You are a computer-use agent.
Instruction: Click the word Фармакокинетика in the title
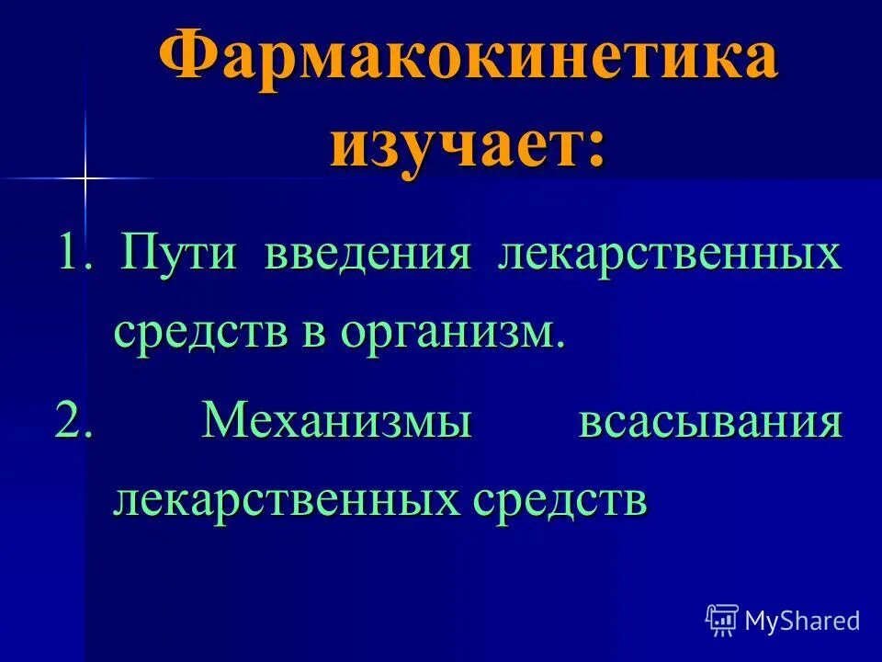coord(469,62)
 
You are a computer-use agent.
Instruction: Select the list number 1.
coord(72,253)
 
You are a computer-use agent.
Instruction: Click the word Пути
coord(180,254)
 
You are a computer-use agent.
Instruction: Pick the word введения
coord(368,254)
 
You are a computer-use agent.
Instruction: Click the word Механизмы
coord(337,423)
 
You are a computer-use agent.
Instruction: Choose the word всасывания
coord(710,423)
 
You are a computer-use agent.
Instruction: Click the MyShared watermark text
coord(802,621)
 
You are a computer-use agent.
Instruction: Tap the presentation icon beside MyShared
coord(722,621)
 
